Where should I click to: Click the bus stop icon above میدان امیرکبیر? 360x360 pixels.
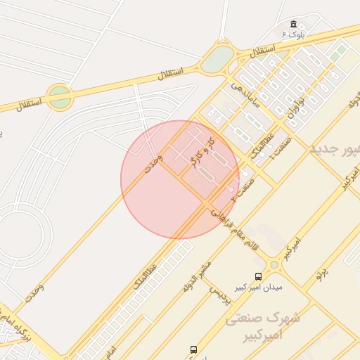click(x=257, y=277)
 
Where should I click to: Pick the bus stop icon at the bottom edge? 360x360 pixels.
click(x=193, y=349)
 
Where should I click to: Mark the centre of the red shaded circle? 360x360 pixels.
click(x=180, y=180)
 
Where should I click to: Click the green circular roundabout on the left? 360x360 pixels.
click(x=60, y=97)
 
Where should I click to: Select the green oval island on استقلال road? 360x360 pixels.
click(x=218, y=59)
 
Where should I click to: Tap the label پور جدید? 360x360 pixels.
click(x=335, y=150)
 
